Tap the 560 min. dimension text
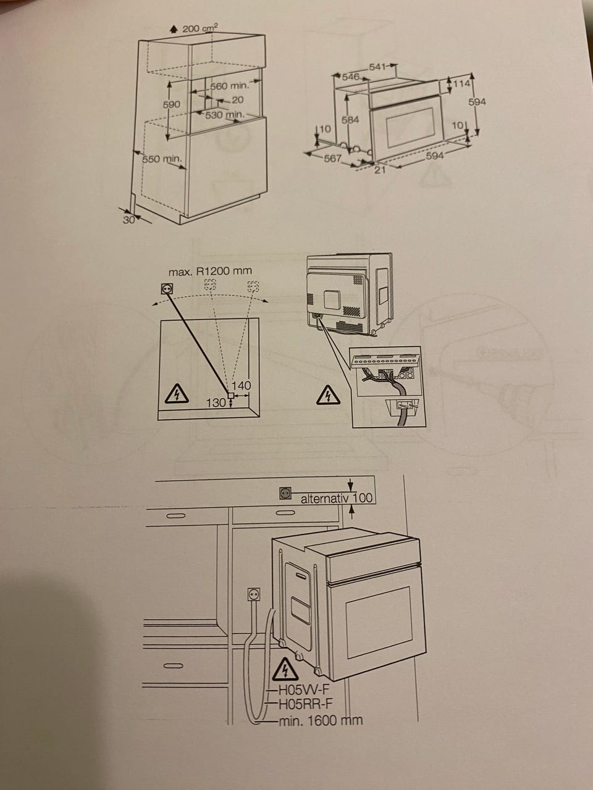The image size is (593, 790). tap(229, 86)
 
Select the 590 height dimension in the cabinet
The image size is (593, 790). tap(171, 105)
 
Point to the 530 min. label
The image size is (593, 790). tap(225, 115)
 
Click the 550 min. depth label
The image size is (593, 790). tap(162, 159)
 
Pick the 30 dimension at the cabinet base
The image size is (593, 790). tap(128, 220)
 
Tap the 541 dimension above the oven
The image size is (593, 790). tap(377, 67)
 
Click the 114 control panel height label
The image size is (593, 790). tap(462, 84)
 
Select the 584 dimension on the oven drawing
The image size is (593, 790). tap(350, 120)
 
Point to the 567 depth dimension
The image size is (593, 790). tap(332, 159)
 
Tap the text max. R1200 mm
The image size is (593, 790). tap(210, 271)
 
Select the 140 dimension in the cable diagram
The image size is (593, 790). tap(241, 386)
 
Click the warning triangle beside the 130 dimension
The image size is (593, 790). tap(177, 394)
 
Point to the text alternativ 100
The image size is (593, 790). tap(337, 499)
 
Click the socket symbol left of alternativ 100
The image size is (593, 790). tap(285, 493)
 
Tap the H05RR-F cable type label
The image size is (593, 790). tap(306, 702)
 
